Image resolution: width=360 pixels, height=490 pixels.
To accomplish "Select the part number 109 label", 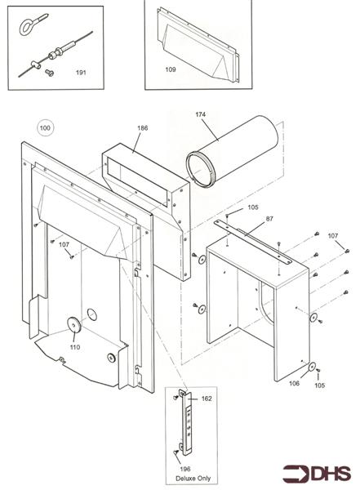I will coord(171,69).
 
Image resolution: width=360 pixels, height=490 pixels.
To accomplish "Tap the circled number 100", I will coord(45,127).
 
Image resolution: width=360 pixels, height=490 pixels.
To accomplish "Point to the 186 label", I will coord(143,128).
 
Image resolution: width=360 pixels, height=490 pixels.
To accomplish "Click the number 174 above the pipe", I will coord(201,114).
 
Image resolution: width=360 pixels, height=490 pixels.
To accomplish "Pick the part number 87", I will coord(270,219).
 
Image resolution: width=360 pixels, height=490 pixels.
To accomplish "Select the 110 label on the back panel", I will coord(74,347).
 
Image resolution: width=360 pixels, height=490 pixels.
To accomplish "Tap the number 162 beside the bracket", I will coord(207,399).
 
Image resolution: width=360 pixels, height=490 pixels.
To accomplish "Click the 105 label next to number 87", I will coord(252,207).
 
